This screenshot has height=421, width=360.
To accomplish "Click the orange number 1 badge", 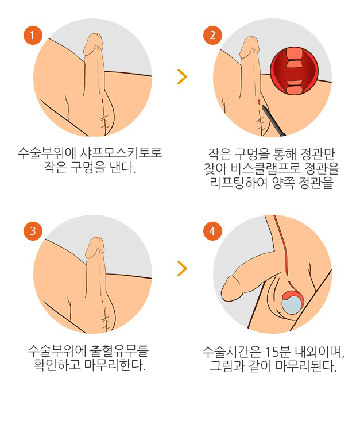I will (x=33, y=36).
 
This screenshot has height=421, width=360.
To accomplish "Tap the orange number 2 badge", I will (x=212, y=36).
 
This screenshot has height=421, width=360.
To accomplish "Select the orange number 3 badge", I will (x=33, y=231).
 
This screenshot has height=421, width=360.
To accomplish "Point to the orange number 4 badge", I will (x=212, y=231).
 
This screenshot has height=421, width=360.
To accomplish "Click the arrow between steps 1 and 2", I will (x=181, y=77).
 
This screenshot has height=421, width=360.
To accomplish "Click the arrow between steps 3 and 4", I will (x=181, y=268).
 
